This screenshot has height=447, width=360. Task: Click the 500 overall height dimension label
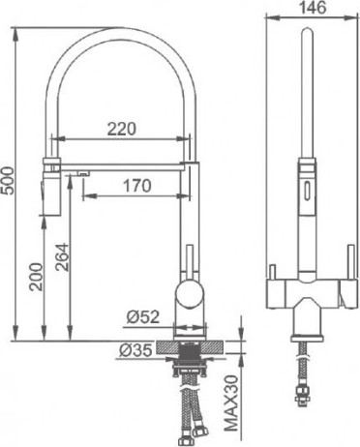9,180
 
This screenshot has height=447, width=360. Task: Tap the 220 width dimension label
122,129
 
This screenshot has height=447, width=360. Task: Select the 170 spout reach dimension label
136,186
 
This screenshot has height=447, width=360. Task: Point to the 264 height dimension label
62,257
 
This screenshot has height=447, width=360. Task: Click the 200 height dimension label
36,277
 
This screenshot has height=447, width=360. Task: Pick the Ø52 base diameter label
143,317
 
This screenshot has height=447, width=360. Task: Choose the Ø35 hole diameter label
135,350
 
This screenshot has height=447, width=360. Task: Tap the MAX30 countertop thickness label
231,403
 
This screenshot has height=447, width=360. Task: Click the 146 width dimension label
313,8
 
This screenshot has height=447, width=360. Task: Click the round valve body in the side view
190,293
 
